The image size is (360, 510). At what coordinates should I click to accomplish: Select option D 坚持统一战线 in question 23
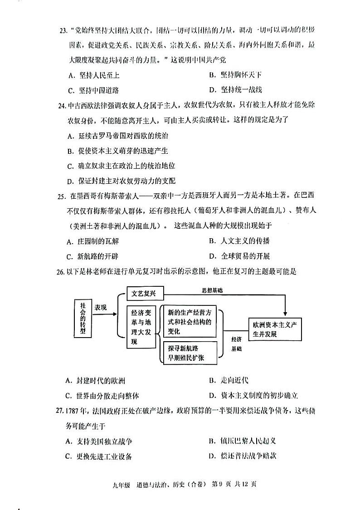click(236, 89)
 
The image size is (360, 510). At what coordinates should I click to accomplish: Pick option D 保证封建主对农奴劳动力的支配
click(121, 181)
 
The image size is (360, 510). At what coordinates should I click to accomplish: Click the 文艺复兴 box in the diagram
click(144, 294)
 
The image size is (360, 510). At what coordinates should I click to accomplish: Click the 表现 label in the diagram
click(101, 308)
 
